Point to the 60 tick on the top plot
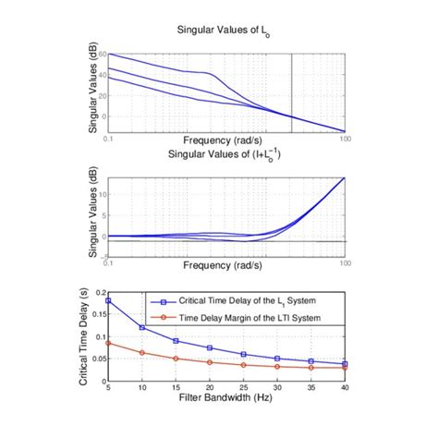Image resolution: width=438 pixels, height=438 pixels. pos(102,55)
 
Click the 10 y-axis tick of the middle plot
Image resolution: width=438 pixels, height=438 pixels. pos(101,194)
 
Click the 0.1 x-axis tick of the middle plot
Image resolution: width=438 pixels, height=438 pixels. pos(109,263)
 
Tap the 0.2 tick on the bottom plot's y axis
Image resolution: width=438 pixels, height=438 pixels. pos(99,293)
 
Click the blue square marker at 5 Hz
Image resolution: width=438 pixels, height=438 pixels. pos(109,300)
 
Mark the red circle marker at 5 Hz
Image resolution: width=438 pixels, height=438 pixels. pos(109,343)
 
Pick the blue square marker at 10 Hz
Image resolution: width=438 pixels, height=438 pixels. pos(142,327)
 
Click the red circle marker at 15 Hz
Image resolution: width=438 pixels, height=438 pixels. pos(176,359)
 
